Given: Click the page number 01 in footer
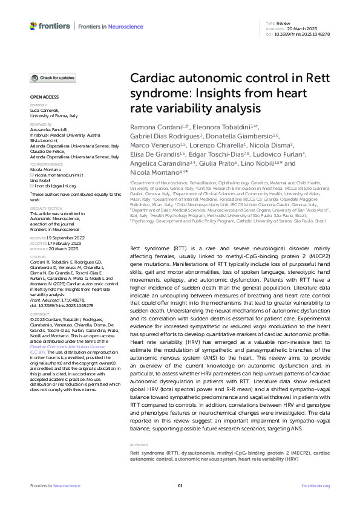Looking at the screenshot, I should pyautogui.click(x=180, y=486).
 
